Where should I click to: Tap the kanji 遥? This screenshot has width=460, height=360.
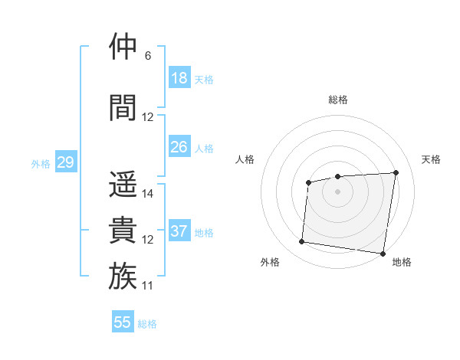(123, 185)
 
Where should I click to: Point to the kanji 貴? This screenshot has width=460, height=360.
(123, 230)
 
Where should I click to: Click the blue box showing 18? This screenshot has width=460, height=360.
(179, 78)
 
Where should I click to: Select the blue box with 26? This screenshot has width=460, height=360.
(179, 147)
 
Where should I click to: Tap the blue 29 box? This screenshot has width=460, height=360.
(65, 162)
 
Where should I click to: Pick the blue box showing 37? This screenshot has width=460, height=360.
(179, 231)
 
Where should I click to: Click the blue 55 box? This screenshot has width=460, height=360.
(123, 322)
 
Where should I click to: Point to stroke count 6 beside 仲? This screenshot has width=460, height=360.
(148, 56)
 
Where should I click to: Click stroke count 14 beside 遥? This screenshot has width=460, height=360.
(148, 194)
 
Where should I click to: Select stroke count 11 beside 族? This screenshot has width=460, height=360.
(148, 286)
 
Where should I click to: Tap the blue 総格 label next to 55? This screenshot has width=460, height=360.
(147, 324)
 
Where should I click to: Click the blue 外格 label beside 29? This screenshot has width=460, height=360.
(40, 163)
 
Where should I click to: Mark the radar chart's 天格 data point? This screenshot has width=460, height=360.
(396, 172)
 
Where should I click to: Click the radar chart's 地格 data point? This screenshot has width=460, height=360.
(383, 254)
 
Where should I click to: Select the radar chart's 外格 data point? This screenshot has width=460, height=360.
(301, 242)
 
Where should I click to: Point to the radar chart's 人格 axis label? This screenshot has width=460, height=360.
(245, 159)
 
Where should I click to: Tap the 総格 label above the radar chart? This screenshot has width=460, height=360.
(337, 100)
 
